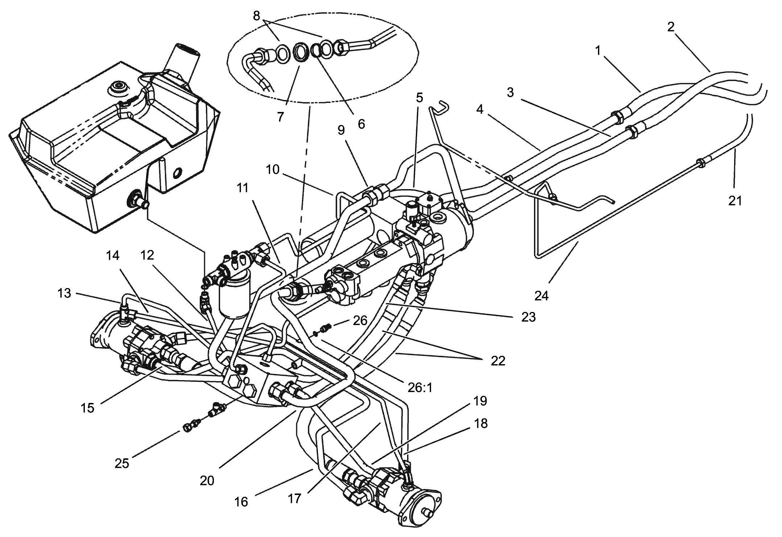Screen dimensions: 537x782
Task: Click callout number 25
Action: point(122,463)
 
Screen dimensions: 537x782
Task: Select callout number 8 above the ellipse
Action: point(257,16)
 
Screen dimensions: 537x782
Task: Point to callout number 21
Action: point(735,200)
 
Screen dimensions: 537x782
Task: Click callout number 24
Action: point(541,296)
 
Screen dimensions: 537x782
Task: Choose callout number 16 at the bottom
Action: point(241,502)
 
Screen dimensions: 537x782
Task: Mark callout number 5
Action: point(419,98)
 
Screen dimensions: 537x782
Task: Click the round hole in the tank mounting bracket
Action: point(177,173)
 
